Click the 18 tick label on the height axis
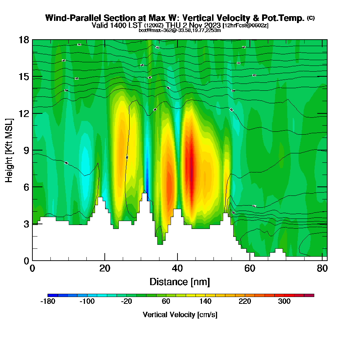pos(24,40)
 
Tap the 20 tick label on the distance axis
pos(104,269)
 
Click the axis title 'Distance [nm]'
pos(179,282)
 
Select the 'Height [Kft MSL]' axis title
pos(9,150)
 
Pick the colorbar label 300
pos(284,302)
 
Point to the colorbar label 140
pos(205,302)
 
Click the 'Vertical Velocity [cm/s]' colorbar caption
pos(180,315)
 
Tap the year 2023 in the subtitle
pos(211,25)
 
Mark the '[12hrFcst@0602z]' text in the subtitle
pos(246,26)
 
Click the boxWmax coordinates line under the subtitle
pos(180,30)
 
